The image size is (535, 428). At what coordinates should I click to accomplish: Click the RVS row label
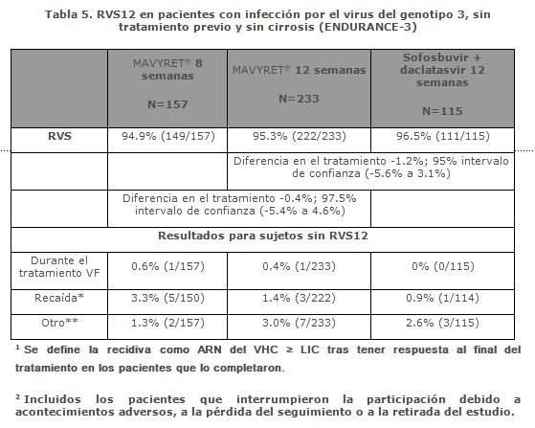click(x=59, y=136)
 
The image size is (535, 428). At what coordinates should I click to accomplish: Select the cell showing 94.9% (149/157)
click(x=168, y=136)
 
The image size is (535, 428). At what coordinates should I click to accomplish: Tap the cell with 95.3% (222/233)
click(x=300, y=136)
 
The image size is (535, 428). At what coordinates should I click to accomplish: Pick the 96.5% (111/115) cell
click(x=442, y=136)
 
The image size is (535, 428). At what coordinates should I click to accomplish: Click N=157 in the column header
click(x=167, y=104)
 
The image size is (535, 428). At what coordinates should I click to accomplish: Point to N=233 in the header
click(x=299, y=99)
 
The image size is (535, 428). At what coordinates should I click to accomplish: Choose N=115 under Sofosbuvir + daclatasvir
click(x=442, y=111)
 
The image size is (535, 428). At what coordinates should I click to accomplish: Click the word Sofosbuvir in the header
click(x=435, y=57)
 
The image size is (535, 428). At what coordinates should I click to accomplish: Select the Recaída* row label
click(x=59, y=298)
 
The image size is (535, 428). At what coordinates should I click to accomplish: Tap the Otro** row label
click(x=59, y=323)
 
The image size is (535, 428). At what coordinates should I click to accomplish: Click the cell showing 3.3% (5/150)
click(x=167, y=298)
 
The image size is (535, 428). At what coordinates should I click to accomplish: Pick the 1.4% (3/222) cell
click(x=299, y=298)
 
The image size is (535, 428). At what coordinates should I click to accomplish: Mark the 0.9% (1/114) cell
click(x=442, y=298)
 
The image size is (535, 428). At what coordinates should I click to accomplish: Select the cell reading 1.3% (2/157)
click(x=167, y=323)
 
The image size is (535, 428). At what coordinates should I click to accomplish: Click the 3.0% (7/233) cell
click(x=299, y=323)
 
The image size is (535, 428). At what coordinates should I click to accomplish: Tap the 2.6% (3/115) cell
click(x=442, y=323)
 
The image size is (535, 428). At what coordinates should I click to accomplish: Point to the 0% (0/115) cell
click(x=443, y=266)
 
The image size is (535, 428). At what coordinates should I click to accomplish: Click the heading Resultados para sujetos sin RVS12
click(x=263, y=236)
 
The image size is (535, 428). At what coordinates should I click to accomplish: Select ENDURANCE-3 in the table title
click(x=368, y=27)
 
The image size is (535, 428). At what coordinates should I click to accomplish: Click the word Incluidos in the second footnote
click(x=53, y=399)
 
